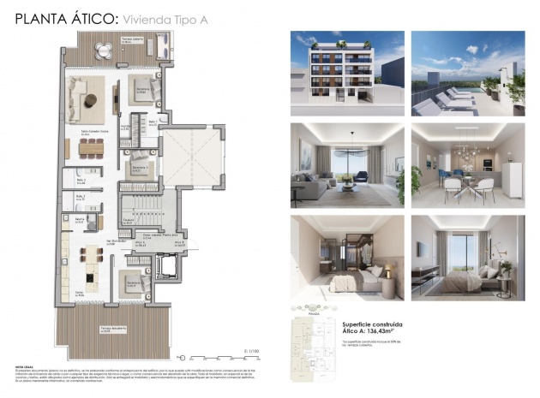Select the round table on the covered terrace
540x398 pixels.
(104, 49)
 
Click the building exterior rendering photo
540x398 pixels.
(347, 73)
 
